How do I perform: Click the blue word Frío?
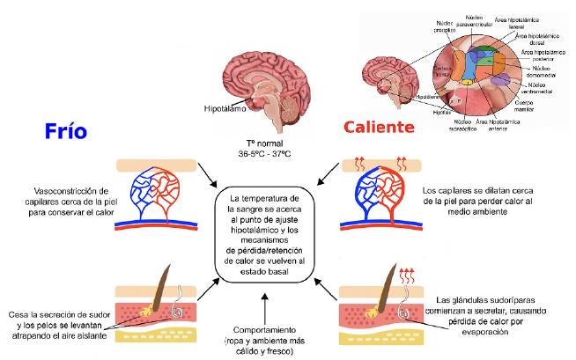pyautogui.click(x=65, y=130)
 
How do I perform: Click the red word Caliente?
pyautogui.click(x=378, y=128)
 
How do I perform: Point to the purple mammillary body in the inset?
pyautogui.click(x=500, y=82)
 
